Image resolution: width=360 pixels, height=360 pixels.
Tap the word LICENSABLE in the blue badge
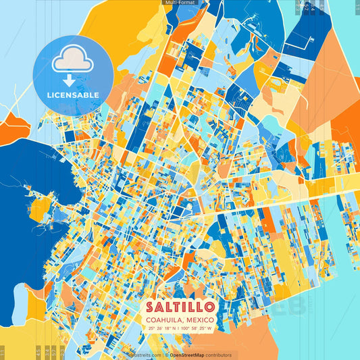click(73, 95)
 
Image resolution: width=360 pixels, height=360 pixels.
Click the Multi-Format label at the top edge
click(178, 3)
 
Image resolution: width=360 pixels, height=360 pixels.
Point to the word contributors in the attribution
click(217, 355)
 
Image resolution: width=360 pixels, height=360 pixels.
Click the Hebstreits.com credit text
click(146, 355)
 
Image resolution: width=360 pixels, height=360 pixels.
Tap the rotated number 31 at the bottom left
click(2, 351)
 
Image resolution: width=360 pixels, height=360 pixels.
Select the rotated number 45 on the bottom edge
click(38, 351)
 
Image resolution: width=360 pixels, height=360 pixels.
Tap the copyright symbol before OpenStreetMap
click(166, 355)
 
